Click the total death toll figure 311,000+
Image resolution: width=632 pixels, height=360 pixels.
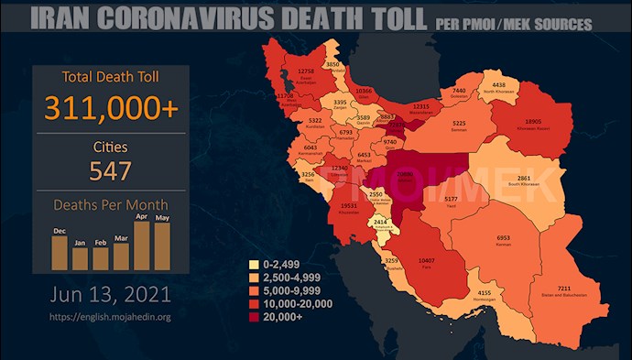(110, 108)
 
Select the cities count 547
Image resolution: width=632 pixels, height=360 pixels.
(110, 170)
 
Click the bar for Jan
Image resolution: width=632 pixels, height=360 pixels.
(80, 257)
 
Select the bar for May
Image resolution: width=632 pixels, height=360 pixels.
(162, 245)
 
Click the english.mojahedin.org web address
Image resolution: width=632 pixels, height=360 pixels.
(110, 318)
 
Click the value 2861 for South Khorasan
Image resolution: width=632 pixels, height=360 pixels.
(547, 178)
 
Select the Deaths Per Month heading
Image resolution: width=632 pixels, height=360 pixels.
(110, 206)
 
